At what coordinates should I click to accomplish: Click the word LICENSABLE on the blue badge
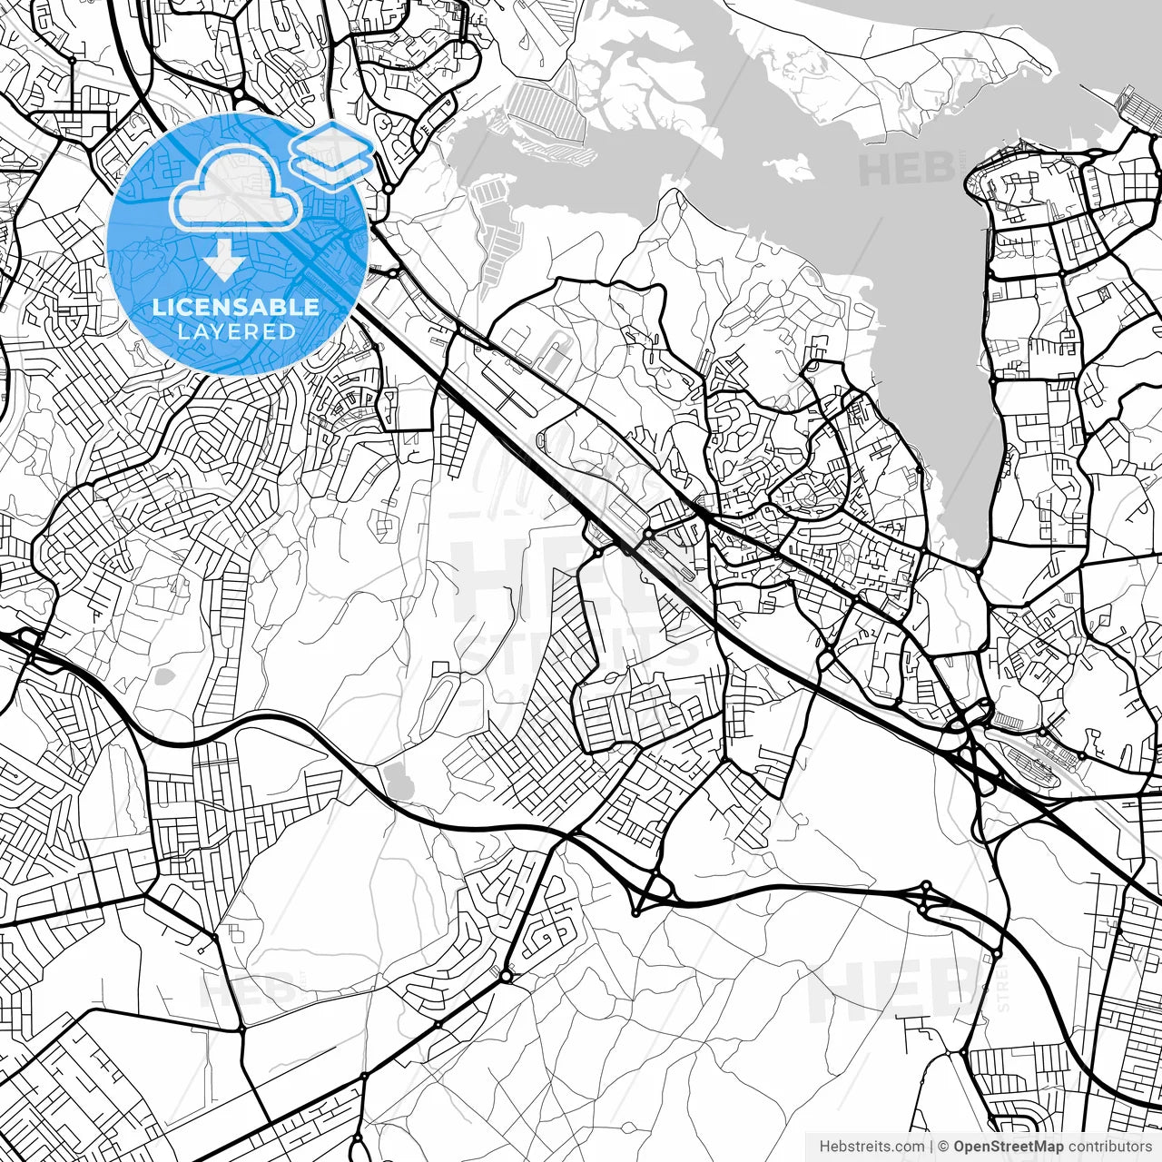click(235, 307)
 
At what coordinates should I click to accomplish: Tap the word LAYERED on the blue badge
click(236, 331)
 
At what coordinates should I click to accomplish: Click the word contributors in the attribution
click(1109, 1147)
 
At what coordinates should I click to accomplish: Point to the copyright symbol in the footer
click(944, 1147)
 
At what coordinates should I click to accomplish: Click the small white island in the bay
click(787, 167)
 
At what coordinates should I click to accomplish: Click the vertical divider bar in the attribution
click(931, 1147)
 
